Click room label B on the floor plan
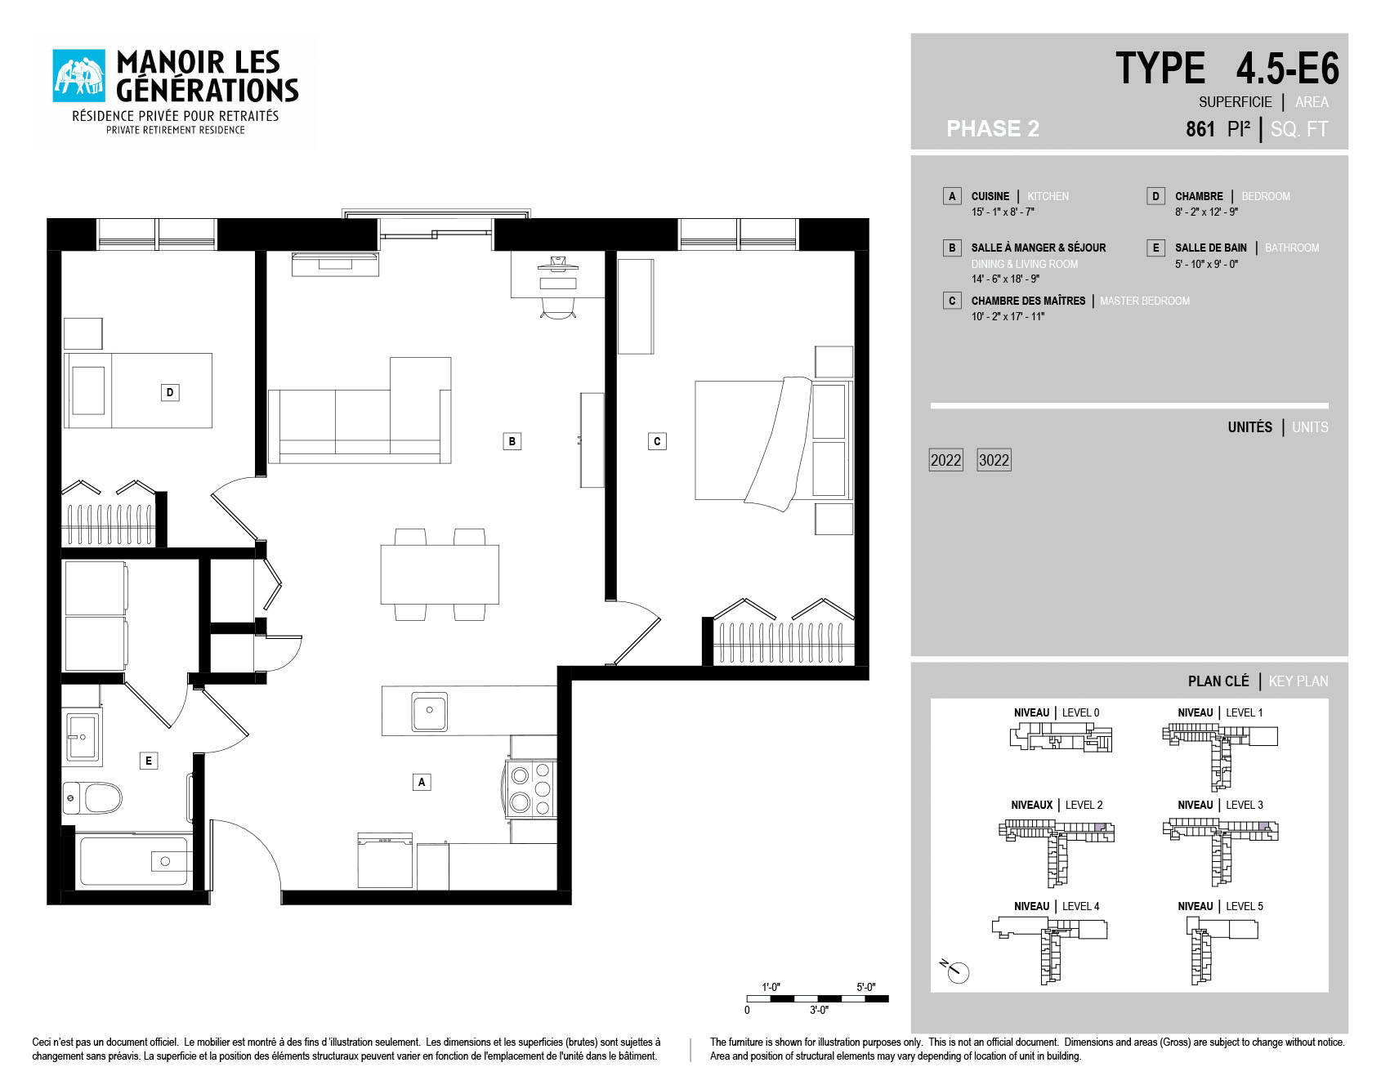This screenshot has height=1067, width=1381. pos(512,441)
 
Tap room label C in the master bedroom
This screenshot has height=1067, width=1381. pos(657,441)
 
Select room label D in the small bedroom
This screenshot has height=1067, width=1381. pos(169,392)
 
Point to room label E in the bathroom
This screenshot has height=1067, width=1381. pos(148,761)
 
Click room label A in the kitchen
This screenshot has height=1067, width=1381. pos(421,782)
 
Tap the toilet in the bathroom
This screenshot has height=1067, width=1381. pos(92,798)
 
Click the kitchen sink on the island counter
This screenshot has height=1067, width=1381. pos(429,712)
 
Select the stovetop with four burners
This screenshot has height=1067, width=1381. pos(530,789)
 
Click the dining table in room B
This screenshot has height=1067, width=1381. pos(440,574)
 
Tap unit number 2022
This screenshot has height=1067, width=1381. pos(946,460)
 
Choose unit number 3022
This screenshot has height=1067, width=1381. pos(994,460)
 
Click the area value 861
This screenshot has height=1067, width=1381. pos(1200,129)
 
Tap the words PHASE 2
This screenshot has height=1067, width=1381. pos(993,128)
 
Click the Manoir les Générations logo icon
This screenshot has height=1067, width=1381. pos(79,76)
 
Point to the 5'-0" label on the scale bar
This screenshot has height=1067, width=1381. pos(865,987)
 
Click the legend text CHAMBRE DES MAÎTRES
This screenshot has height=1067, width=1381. pos(1028,301)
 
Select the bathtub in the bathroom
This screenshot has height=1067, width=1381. pos(135,860)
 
